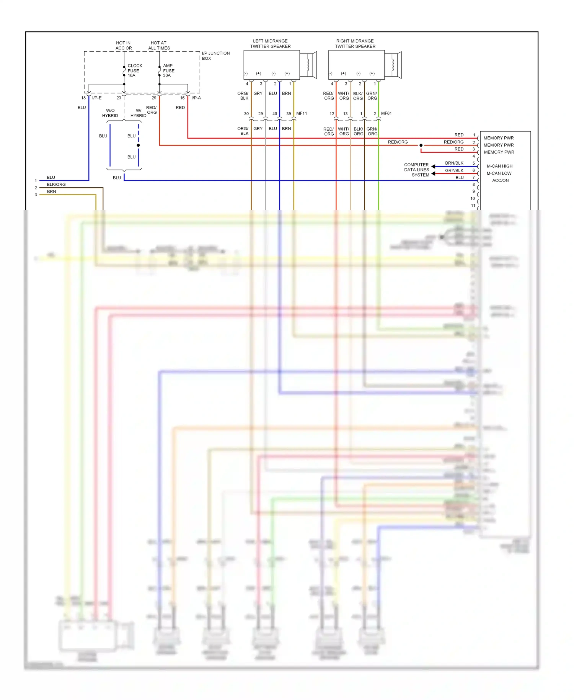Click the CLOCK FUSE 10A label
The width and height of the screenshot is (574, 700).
(134, 70)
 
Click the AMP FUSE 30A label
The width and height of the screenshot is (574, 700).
(168, 70)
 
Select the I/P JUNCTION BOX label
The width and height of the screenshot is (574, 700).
(215, 56)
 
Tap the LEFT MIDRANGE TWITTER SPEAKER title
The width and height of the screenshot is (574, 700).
(270, 44)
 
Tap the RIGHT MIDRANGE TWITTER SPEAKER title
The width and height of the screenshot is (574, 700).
(355, 44)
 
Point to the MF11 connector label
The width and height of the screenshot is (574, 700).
(302, 113)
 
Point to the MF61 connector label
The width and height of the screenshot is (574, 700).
(386, 113)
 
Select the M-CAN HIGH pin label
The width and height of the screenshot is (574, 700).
(499, 166)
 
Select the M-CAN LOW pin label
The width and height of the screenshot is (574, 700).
(499, 173)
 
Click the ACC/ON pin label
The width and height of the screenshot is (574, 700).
(500, 180)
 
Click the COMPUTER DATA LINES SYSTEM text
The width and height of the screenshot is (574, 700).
(417, 170)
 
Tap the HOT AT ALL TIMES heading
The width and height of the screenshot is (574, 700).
(159, 46)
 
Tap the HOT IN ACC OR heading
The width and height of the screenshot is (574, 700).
(124, 46)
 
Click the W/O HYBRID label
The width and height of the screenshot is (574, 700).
(110, 113)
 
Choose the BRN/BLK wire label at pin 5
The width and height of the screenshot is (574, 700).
(454, 163)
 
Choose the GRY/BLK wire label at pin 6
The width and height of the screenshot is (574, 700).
(454, 170)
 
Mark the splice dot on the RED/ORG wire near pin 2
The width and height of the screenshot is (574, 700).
(421, 145)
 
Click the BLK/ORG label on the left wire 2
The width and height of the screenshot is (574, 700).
(56, 185)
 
